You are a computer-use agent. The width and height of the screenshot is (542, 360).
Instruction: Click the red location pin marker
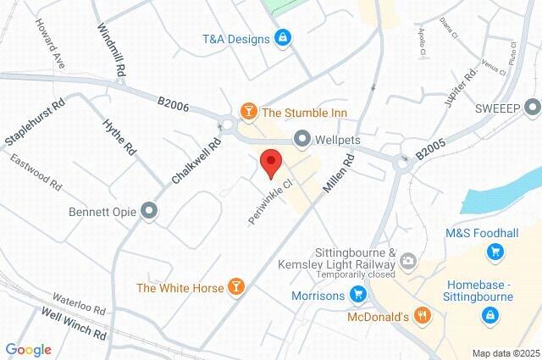[x=271, y=162]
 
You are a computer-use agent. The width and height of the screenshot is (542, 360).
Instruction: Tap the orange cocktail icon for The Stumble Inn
[x=248, y=110]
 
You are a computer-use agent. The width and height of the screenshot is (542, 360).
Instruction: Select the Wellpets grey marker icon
[x=301, y=137]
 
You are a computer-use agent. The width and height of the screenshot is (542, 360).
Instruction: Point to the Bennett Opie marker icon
[x=150, y=210]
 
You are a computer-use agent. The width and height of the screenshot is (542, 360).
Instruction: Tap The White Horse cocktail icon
[x=236, y=288]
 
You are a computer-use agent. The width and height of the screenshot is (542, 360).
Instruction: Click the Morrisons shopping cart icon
[x=358, y=296]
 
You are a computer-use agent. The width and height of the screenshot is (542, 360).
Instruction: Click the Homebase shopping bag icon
[x=489, y=316]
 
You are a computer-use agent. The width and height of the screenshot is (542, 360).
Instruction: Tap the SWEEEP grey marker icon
[x=532, y=108]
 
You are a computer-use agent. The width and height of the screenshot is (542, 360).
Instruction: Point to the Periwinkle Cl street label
[x=270, y=201]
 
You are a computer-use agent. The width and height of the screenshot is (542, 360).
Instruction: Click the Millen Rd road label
[x=336, y=174]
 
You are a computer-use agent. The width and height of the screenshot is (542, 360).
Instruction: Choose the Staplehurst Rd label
[x=35, y=124]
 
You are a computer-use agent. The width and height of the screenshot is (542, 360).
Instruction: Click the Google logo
[x=28, y=350]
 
